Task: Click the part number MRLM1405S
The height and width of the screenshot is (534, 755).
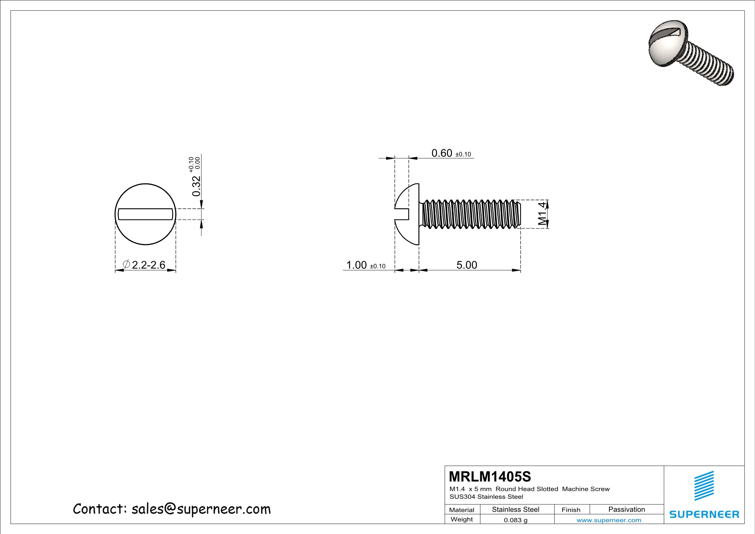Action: click(x=490, y=476)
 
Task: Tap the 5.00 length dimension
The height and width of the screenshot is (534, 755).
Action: click(x=466, y=265)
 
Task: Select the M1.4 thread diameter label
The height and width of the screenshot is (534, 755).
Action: click(x=542, y=214)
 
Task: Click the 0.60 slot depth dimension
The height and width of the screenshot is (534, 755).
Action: click(x=442, y=153)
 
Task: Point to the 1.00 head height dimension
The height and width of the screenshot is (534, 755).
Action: click(x=356, y=265)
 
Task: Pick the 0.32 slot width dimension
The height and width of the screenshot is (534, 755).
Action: click(x=196, y=186)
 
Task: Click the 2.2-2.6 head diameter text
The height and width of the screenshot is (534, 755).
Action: click(x=149, y=265)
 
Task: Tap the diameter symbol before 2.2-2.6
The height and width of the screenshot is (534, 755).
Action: click(x=126, y=264)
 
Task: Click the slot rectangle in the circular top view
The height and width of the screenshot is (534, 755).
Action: click(x=146, y=214)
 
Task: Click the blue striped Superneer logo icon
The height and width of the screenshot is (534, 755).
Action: click(x=704, y=486)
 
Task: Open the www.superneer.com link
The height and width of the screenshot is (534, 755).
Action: click(x=609, y=520)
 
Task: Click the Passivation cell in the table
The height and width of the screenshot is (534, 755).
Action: click(x=627, y=509)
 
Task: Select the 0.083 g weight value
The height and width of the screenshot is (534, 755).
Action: click(x=516, y=520)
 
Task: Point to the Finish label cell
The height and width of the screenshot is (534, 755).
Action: click(x=571, y=510)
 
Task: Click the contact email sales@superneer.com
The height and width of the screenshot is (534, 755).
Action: click(x=201, y=509)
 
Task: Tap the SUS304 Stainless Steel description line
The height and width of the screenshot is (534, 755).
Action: click(x=486, y=497)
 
